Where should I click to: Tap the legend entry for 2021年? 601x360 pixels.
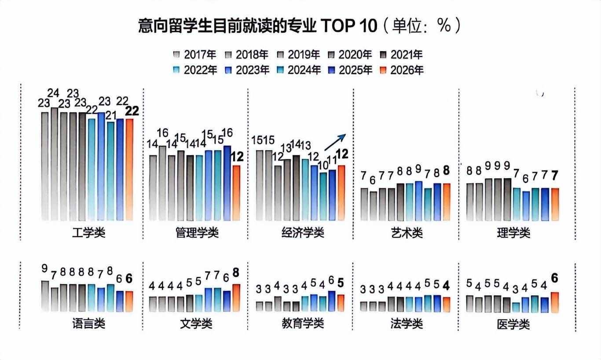click(401, 55)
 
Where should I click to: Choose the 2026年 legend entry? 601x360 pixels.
click(401, 70)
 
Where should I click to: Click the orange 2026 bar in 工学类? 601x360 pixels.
click(129, 169)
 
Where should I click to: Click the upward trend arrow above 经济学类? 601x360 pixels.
click(336, 143)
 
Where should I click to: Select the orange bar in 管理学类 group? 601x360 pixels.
click(236, 193)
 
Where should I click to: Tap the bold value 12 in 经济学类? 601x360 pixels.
click(342, 154)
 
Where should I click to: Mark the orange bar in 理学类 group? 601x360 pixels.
click(555, 204)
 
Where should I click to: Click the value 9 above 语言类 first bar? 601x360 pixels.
click(44, 268)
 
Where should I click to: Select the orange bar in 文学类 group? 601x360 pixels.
click(236, 298)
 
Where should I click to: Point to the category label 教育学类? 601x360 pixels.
click(302, 324)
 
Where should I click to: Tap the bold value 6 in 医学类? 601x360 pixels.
click(555, 278)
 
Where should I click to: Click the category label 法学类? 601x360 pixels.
click(406, 324)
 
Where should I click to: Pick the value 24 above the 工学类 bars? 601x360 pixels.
click(54, 93)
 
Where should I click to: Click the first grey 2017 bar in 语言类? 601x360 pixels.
click(45, 296)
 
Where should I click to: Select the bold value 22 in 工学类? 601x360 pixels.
click(132, 111)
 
